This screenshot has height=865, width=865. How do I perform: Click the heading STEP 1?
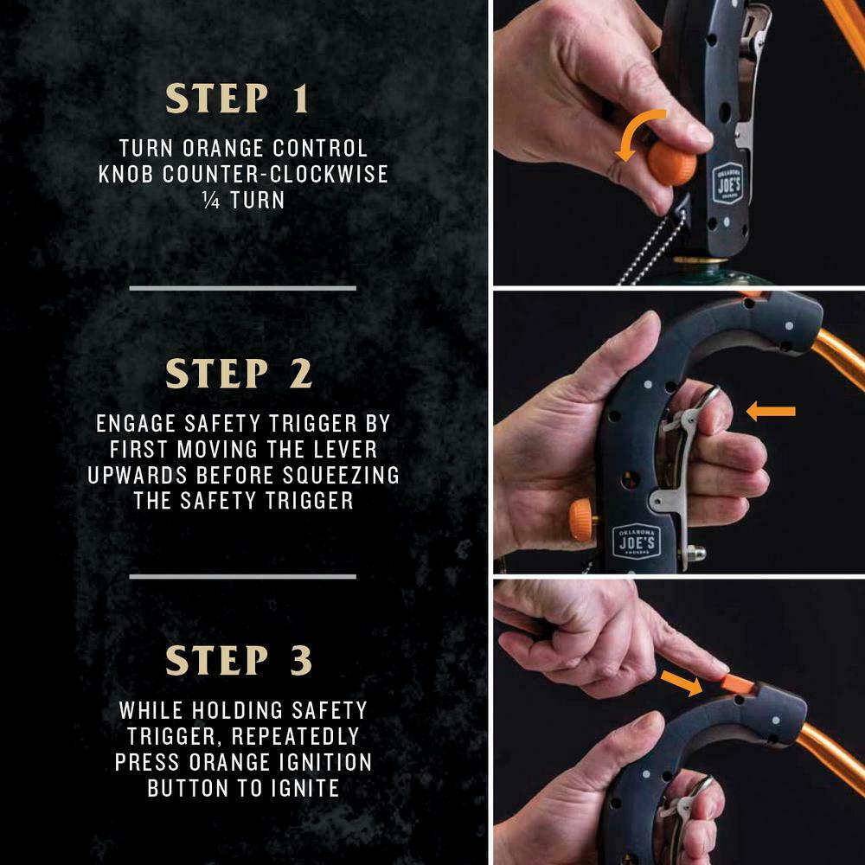pos(237,99)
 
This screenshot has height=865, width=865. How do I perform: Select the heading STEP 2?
pos(239,374)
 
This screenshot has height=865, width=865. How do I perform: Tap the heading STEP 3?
pos(239,660)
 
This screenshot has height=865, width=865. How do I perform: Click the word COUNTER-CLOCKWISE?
pos(275,174)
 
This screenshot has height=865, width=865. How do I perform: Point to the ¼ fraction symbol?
pos(211,201)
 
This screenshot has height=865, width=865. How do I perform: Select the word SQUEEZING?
pos(341,475)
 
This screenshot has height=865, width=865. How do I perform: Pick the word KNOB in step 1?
pos(125,174)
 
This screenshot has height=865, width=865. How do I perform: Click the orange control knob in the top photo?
pos(671,163)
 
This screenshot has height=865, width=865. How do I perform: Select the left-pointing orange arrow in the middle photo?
pos(771,411)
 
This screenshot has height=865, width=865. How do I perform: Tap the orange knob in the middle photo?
pos(583,520)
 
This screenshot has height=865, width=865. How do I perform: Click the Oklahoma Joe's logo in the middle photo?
pos(637,541)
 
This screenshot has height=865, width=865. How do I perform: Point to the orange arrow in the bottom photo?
pos(682,683)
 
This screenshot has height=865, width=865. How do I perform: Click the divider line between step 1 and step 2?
pos(243,288)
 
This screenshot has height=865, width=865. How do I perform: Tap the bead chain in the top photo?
pos(655,249)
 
